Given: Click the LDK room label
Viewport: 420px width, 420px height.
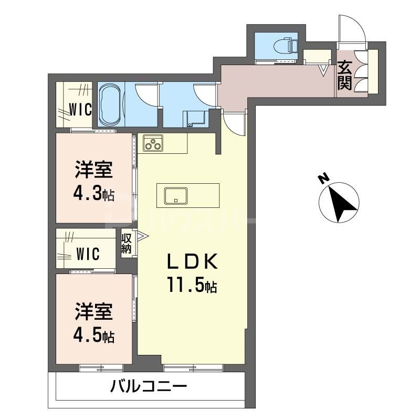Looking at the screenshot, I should click(x=190, y=261).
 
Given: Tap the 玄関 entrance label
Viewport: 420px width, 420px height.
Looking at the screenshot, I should click(x=345, y=76).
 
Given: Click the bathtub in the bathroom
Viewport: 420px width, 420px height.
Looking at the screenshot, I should click(x=110, y=105).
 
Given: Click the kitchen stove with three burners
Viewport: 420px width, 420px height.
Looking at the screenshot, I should click(x=153, y=143).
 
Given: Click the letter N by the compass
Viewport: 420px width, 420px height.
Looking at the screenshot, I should click(x=323, y=179).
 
